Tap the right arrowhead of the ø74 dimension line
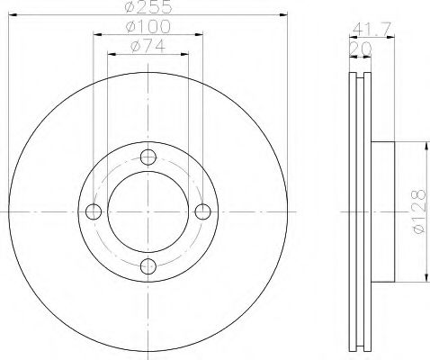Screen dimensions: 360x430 tap(185, 53)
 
